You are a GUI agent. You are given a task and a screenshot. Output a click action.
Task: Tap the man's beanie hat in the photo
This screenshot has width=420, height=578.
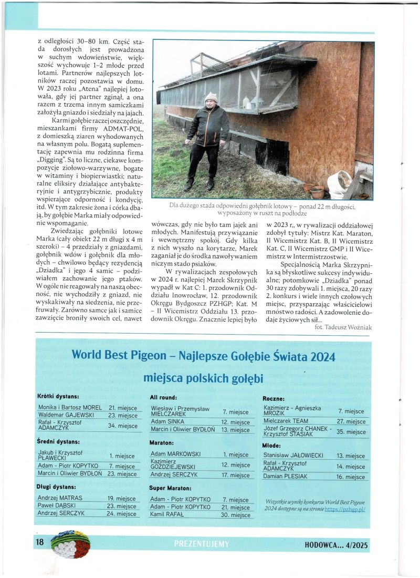click(211, 97)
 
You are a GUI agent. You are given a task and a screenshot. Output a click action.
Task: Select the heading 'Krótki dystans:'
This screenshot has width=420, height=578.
click(58, 396)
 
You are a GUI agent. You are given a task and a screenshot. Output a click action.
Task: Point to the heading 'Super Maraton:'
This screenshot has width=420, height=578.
click(172, 488)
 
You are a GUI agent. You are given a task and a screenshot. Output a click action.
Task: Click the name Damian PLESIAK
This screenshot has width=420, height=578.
click(284, 477)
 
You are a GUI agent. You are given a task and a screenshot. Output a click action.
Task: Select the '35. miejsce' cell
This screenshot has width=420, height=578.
click(351, 432)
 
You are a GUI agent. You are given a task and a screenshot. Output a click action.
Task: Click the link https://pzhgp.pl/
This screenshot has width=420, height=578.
click(345, 509)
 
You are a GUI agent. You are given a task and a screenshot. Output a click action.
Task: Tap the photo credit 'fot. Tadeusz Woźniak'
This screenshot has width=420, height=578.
click(343, 326)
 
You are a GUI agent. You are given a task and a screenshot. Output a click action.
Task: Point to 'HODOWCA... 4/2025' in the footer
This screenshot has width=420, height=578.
click(336, 545)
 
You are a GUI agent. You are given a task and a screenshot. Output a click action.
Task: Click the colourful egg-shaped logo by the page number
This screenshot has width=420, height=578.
click(70, 544)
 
